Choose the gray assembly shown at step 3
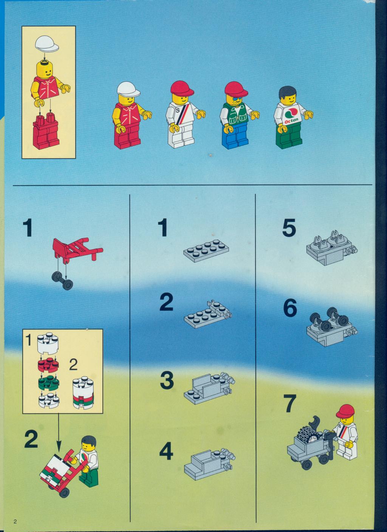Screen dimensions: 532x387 [208, 388]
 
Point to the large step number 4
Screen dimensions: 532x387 [166, 452]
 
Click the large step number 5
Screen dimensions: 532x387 [289, 229]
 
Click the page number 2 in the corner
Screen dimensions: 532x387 [15, 522]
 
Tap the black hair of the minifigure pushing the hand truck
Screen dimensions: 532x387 [89, 440]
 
